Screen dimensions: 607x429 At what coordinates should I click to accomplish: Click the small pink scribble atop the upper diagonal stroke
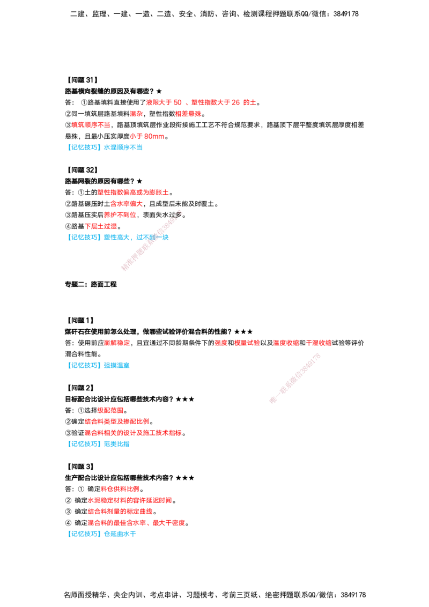coord(179,213)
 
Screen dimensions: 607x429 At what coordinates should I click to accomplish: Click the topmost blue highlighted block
coord(107,147)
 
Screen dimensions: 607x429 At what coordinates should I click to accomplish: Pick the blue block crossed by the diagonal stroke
coord(119,237)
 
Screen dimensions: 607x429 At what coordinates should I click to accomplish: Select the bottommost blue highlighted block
coord(102,534)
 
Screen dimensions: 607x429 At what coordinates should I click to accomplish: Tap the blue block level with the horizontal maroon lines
coord(100,365)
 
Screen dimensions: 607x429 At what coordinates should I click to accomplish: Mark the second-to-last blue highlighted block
coord(100,444)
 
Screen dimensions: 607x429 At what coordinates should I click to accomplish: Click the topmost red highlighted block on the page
coord(201,102)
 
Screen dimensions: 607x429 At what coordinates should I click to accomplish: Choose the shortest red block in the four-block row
coord(221,343)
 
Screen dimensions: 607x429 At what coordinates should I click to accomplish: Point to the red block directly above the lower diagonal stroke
coord(319,343)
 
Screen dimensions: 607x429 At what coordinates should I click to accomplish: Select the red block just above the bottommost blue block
coord(136,523)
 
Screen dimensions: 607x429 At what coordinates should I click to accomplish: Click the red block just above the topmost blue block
coord(147,137)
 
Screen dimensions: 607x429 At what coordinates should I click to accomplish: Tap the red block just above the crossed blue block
coord(101,226)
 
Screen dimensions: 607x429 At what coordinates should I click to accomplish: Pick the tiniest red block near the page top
coord(136,114)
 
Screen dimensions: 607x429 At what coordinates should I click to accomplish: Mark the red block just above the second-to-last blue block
coord(134,433)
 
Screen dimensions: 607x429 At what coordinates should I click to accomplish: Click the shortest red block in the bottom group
coord(120,488)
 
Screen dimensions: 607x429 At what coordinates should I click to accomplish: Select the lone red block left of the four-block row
coord(117,343)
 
